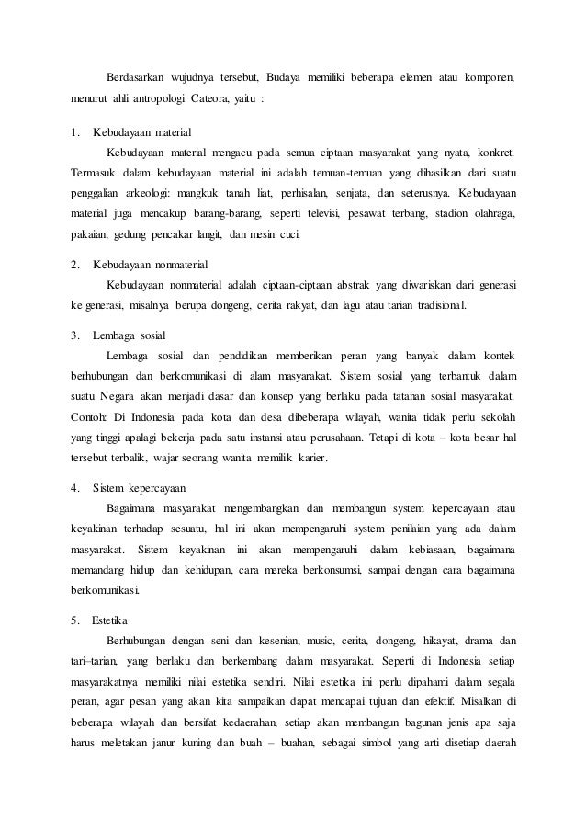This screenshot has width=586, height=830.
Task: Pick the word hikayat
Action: tap(440, 639)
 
